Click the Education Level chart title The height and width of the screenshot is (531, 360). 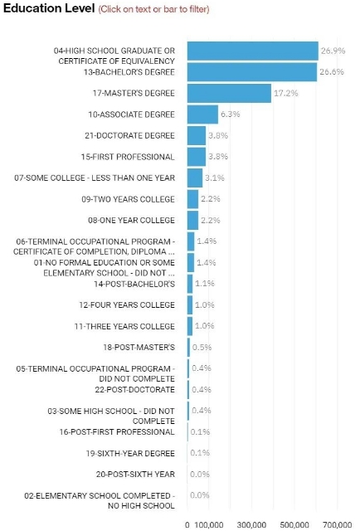[49, 8]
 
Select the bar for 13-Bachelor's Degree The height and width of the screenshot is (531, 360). [252, 72]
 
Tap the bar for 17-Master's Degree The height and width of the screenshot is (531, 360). [229, 93]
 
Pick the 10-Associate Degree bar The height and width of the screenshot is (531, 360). [202, 114]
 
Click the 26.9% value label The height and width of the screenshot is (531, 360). [333, 51]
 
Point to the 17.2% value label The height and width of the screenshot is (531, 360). [286, 93]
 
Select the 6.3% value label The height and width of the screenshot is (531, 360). [231, 114]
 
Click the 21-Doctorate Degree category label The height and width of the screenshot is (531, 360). [129, 135]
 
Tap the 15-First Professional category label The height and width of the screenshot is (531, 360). [128, 157]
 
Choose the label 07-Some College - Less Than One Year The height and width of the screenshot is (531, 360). [95, 178]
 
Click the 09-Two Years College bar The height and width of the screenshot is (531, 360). [192, 199]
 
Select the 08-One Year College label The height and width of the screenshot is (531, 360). [131, 220]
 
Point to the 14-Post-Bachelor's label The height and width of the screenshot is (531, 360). [134, 284]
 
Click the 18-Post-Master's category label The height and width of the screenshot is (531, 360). [139, 348]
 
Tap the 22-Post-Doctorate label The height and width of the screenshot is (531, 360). [134, 389]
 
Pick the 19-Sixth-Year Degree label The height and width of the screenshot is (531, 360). [130, 453]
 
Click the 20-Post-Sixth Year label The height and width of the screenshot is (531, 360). [135, 474]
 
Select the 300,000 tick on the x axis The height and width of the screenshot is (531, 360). [251, 525]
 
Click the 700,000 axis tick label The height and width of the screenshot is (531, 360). [338, 525]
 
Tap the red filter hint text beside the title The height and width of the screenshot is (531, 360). [153, 9]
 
